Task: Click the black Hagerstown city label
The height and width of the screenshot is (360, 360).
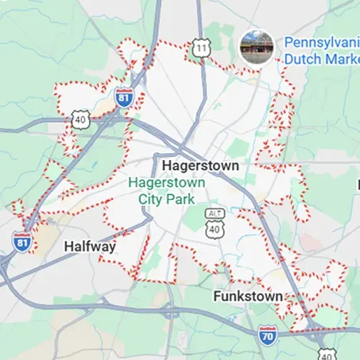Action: coord(199,165)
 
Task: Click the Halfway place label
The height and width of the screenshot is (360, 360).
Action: coord(90,246)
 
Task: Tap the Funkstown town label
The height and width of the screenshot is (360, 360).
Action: coord(247,296)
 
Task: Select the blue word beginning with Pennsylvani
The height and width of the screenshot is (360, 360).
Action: coord(321,42)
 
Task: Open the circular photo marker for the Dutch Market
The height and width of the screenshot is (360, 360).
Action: coord(257,47)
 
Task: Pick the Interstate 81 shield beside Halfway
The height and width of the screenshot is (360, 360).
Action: coord(22,241)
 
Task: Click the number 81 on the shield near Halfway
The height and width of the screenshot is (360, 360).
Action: coord(22,242)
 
